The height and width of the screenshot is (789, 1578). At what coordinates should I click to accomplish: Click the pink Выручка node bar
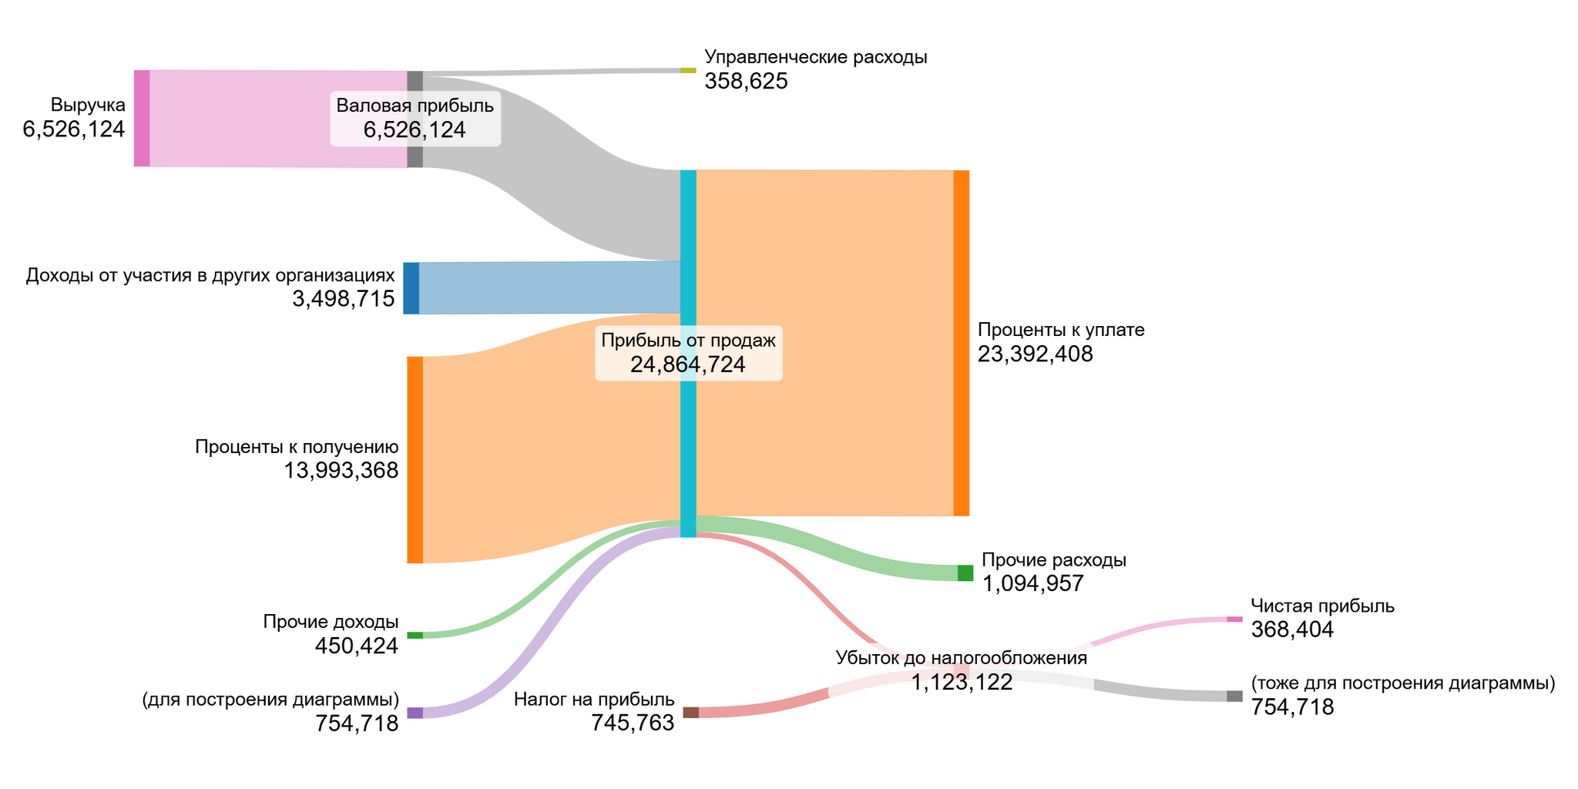coord(142,118)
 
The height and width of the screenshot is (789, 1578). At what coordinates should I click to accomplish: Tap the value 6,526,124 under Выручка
coord(74,129)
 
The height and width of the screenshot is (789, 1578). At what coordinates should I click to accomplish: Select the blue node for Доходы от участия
coord(411,288)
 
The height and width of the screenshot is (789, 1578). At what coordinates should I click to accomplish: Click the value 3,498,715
coord(344,299)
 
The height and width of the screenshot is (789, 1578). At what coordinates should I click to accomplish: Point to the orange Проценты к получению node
coord(415,460)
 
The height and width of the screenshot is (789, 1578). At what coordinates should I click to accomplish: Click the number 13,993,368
coord(341,470)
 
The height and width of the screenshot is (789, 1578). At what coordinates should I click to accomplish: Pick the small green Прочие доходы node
coord(415,635)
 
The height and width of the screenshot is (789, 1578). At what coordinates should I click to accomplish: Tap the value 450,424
coord(357,646)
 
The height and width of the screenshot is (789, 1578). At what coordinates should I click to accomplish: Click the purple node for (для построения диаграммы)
coord(415,713)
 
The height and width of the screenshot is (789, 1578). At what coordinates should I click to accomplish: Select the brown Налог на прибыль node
coord(690,713)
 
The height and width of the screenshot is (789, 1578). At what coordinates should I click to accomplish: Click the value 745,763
coord(633,723)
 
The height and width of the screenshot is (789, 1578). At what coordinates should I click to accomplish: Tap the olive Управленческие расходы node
coord(688,70)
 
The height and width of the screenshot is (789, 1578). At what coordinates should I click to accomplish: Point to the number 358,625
coord(746,81)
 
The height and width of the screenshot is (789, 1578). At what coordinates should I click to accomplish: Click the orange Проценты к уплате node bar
coord(962,343)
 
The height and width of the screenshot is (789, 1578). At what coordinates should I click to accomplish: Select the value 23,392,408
coord(1035,354)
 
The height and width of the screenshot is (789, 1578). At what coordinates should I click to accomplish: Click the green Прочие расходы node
coord(965,572)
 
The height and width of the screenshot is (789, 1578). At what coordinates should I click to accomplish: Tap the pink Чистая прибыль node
coord(1234,619)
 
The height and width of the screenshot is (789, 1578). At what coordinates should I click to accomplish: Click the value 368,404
coord(1292,630)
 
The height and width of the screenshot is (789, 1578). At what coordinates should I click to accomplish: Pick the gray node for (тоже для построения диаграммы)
coord(1234,697)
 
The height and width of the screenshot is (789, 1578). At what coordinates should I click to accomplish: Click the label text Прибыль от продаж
coord(688,341)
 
